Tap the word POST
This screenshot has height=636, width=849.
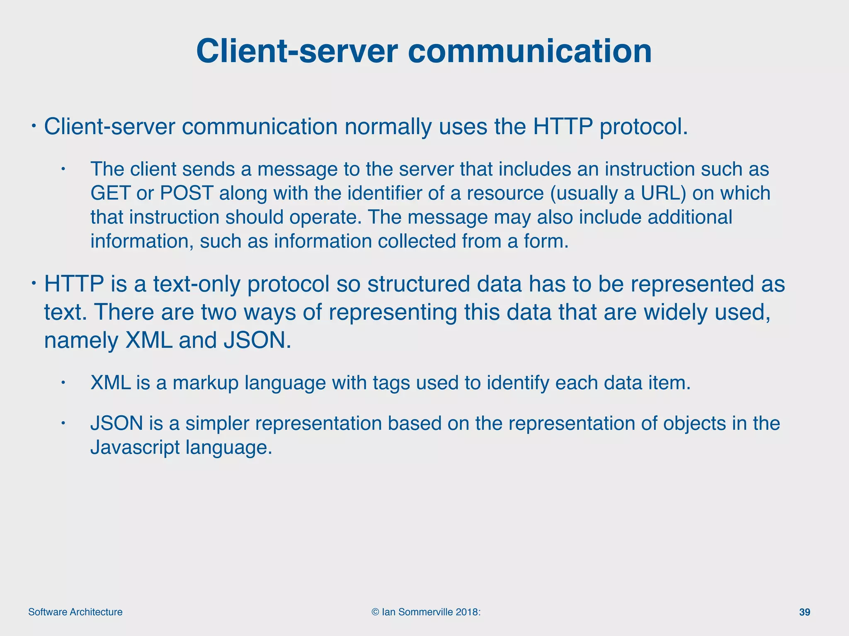pos(187,193)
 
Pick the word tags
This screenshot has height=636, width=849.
pos(391,383)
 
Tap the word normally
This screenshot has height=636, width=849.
pos(388,127)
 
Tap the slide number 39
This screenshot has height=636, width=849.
pos(804,612)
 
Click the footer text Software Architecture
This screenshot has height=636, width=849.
pos(75,612)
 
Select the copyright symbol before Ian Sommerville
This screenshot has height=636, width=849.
pos(375,612)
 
